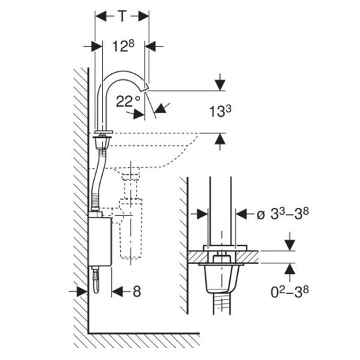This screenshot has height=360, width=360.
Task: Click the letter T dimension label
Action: [123, 16]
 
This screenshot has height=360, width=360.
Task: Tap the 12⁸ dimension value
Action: [123, 46]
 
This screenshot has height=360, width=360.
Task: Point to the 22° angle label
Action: [128, 101]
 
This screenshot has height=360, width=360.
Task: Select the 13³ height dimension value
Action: [220, 111]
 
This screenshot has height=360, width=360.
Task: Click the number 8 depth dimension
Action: [137, 291]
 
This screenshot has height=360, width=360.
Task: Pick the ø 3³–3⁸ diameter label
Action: [283, 214]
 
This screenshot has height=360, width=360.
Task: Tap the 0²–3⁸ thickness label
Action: [290, 292]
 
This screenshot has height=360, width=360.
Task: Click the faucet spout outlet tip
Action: [146, 88]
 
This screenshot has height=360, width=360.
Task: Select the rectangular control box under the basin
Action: [100, 241]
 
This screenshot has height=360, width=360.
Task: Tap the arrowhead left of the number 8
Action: [117, 291]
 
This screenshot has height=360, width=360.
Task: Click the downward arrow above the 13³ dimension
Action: [220, 85]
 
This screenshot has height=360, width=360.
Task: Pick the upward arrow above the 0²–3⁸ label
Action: [290, 269]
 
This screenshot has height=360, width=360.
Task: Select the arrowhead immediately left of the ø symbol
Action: [241, 214]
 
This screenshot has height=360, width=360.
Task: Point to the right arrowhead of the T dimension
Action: [143, 16]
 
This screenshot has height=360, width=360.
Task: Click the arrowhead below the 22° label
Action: [139, 114]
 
